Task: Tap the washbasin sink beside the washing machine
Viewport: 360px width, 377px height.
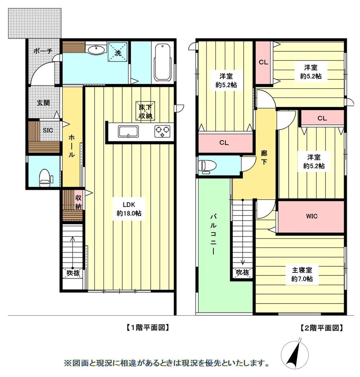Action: (x=96, y=50)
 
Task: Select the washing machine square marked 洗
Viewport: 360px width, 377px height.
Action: (x=117, y=52)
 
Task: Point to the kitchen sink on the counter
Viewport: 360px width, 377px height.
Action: (x=128, y=132)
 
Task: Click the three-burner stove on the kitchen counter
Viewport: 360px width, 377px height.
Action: (x=162, y=132)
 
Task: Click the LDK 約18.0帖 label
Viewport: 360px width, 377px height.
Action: (x=129, y=209)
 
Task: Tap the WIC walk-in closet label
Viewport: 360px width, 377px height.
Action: (x=312, y=216)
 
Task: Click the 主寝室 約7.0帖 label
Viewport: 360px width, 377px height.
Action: (x=302, y=274)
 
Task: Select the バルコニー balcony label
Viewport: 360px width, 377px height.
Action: (x=213, y=234)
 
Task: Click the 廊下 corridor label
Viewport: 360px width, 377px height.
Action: (x=264, y=157)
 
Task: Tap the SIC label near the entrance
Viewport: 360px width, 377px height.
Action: (x=48, y=130)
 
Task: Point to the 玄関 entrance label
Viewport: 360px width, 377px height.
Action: (x=44, y=103)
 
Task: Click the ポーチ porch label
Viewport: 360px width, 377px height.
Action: (x=43, y=51)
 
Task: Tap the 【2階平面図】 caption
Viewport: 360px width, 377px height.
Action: (x=321, y=328)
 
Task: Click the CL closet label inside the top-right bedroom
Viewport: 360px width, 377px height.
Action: (x=264, y=62)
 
